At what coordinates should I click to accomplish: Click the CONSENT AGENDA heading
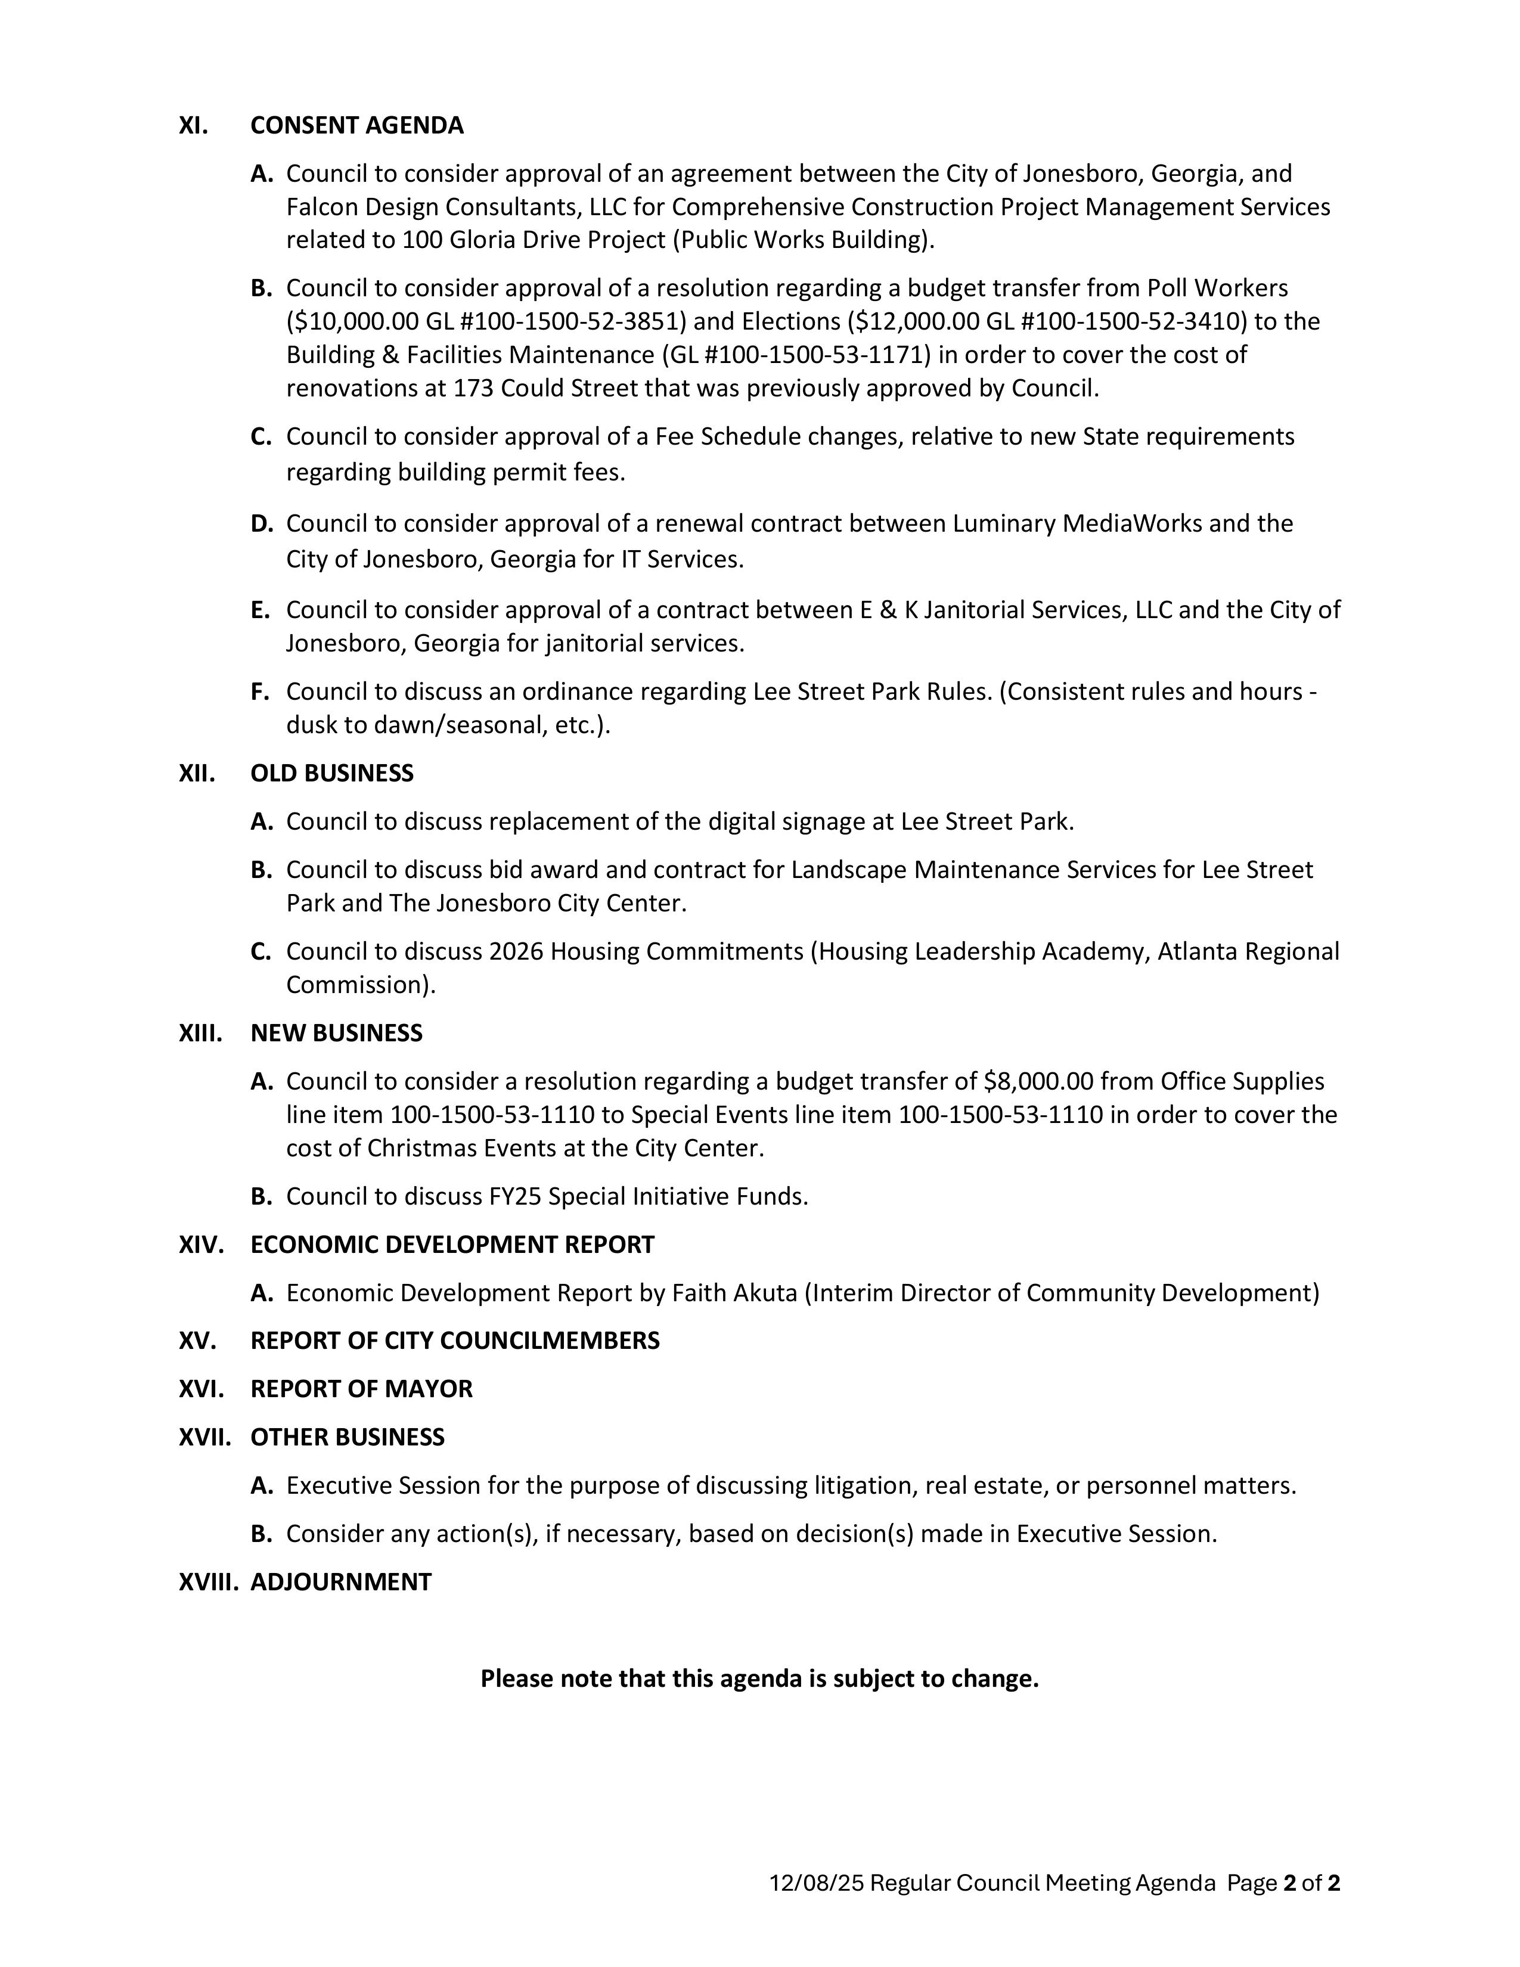356,125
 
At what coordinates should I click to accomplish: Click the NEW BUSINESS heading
336,1033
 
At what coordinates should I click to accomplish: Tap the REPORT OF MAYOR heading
361,1389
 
